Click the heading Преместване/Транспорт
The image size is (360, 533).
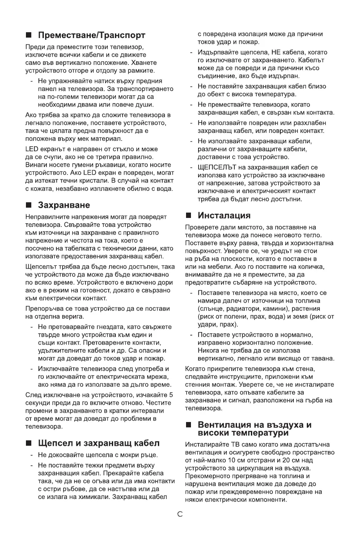tap(92, 34)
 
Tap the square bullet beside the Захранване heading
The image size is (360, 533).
tap(29, 205)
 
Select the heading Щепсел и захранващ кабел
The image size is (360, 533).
tap(99, 443)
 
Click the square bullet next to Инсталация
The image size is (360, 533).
tap(189, 216)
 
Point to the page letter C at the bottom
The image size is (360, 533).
tap(180, 514)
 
